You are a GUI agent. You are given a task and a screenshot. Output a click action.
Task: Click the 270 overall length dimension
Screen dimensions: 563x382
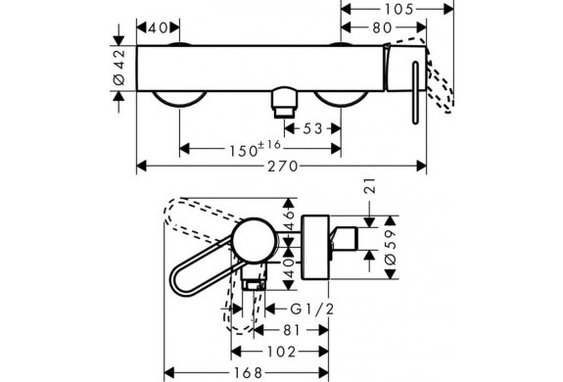click(x=283, y=167)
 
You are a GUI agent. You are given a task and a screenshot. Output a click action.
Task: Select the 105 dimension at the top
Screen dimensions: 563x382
click(x=399, y=10)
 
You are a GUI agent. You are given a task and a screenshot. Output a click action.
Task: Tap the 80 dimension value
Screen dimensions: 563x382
click(x=382, y=27)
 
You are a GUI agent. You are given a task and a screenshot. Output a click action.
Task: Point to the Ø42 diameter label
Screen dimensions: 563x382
click(x=119, y=68)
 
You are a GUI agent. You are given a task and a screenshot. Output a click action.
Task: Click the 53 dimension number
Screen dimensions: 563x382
click(x=312, y=128)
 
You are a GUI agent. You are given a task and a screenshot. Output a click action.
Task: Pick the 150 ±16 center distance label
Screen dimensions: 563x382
click(x=255, y=149)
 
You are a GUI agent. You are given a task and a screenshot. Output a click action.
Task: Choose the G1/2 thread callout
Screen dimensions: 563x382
click(x=312, y=309)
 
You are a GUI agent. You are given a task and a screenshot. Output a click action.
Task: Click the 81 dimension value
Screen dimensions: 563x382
click(x=291, y=330)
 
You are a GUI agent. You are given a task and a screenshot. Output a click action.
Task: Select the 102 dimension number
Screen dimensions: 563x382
click(x=282, y=352)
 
